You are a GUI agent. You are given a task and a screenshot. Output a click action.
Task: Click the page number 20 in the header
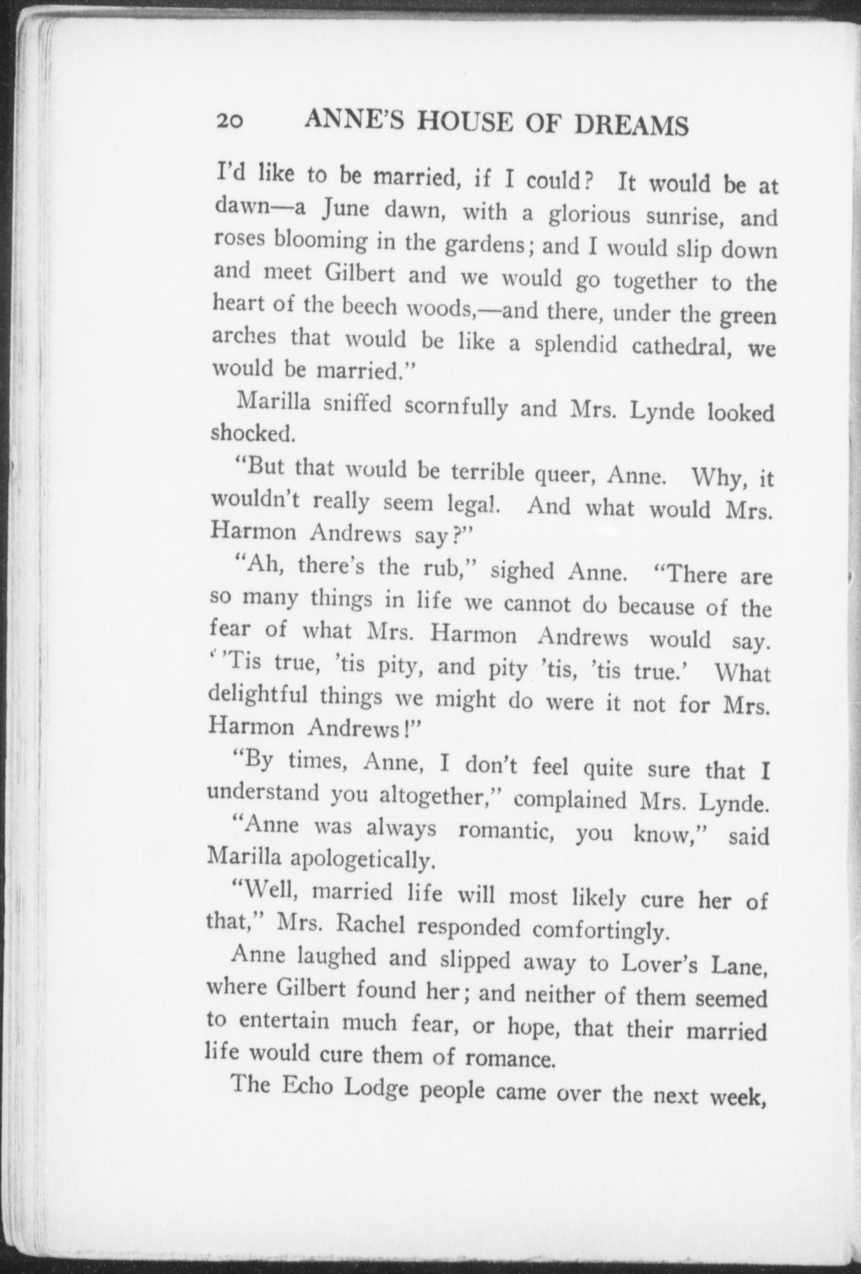pyautogui.click(x=228, y=121)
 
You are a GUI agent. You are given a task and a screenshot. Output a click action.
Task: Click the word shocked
pyautogui.click(x=252, y=433)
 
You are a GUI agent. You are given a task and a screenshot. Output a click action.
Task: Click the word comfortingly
pyautogui.click(x=600, y=930)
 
